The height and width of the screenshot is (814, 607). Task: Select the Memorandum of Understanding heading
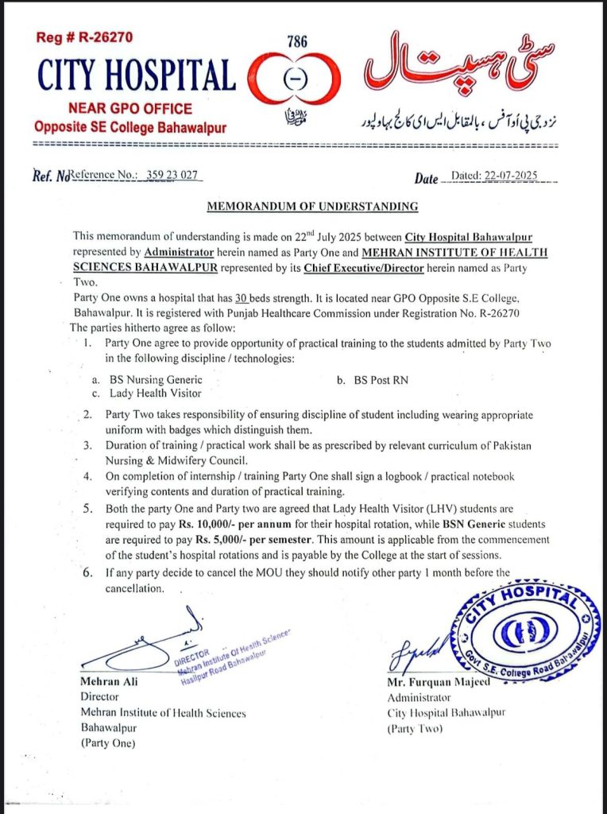pyautogui.click(x=312, y=207)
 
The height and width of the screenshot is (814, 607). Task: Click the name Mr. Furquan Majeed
pyautogui.click(x=430, y=683)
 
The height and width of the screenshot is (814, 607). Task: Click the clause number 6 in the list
pyautogui.click(x=88, y=572)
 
